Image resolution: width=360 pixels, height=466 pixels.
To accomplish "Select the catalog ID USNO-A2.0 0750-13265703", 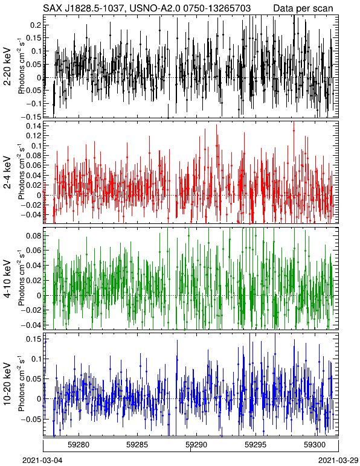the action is [x=188, y=8].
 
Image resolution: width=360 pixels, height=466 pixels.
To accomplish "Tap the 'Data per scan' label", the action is [x=303, y=8].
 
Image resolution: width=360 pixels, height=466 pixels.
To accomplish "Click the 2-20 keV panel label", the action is [x=7, y=66].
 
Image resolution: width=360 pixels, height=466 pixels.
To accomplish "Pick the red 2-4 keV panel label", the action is [x=7, y=173].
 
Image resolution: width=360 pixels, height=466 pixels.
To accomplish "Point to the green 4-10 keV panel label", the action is [x=7, y=279].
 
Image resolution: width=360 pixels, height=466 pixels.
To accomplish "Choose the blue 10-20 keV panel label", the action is [x=7, y=384].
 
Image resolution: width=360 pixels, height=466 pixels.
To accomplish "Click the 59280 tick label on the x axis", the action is [x=79, y=445].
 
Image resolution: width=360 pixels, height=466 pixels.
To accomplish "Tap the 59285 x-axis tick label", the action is [x=137, y=445].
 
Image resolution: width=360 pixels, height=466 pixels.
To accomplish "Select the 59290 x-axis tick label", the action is [x=196, y=445].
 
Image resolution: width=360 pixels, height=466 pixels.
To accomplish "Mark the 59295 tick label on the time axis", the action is [x=255, y=445].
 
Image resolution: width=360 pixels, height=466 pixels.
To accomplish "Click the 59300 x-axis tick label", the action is [x=315, y=445].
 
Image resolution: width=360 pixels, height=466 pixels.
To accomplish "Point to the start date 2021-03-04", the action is [x=42, y=461].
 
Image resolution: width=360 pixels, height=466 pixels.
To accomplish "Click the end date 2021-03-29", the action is [x=338, y=461].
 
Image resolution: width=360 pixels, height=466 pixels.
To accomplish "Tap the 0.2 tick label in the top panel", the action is [x=36, y=25].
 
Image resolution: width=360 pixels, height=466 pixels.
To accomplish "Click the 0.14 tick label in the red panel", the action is [x=34, y=126].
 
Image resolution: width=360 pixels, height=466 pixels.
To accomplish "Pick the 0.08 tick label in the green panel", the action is [x=34, y=236].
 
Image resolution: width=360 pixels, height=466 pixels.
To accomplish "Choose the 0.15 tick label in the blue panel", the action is [x=34, y=339].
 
